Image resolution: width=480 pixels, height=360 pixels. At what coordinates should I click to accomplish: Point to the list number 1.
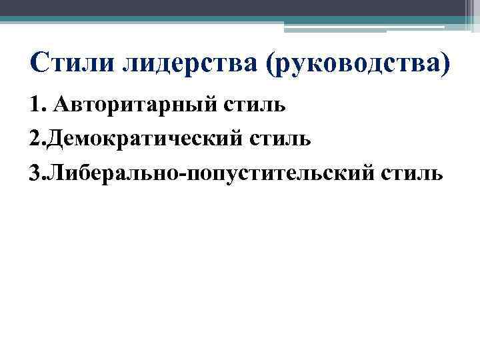(35, 105)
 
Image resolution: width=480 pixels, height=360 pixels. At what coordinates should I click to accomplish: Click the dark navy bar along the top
(227, 7)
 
